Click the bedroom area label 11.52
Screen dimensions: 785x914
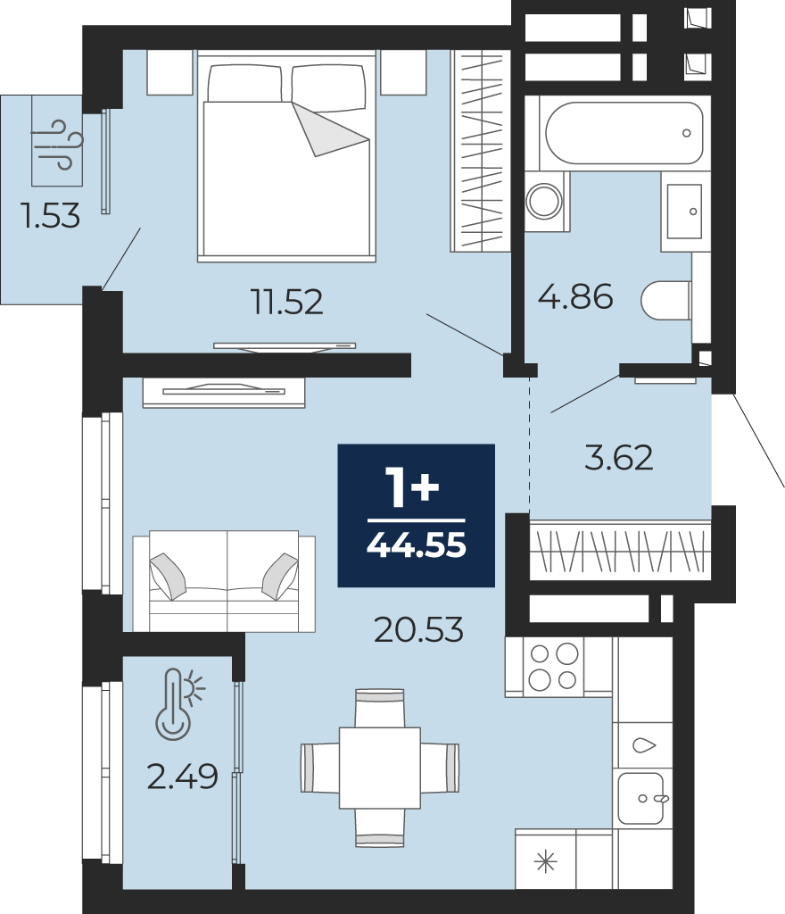[286, 302]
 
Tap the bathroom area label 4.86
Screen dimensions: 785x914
[575, 296]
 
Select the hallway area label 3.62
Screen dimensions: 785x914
[618, 458]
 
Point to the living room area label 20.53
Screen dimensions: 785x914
[418, 629]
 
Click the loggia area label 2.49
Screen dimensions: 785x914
[182, 777]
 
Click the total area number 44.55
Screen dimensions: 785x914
[417, 545]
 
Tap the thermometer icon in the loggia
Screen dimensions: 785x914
[179, 704]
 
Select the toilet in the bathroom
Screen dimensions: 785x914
[666, 301]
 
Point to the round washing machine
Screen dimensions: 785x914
[545, 201]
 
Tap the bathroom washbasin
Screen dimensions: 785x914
[684, 212]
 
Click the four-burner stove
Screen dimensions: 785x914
[553, 667]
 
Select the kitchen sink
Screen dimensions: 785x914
[642, 798]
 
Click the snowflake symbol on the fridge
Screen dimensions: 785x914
[546, 861]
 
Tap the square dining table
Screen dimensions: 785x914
[380, 767]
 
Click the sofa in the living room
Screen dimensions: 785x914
[224, 581]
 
